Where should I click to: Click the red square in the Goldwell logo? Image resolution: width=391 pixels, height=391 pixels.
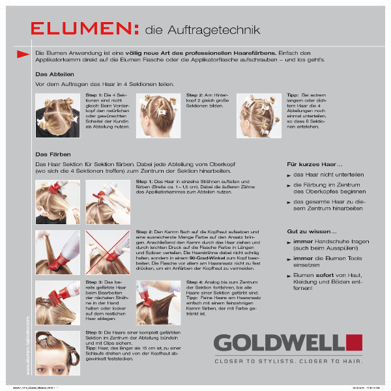pyautogui.click(x=354, y=342)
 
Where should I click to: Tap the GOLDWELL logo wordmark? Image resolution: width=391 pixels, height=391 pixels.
pyautogui.click(x=280, y=342)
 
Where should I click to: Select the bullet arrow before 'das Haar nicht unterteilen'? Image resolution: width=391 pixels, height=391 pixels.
pyautogui.click(x=289, y=176)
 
